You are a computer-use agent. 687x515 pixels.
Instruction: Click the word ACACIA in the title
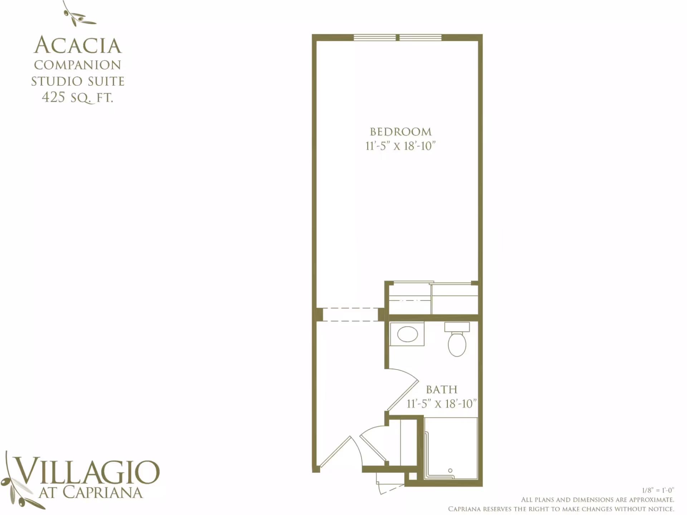pyautogui.click(x=78, y=45)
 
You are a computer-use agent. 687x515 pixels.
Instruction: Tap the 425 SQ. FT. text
pyautogui.click(x=78, y=97)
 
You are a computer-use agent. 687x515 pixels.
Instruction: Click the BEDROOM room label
pyautogui.click(x=401, y=132)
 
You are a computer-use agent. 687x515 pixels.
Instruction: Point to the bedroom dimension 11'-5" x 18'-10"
pyautogui.click(x=400, y=146)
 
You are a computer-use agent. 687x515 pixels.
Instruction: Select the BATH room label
pyautogui.click(x=442, y=389)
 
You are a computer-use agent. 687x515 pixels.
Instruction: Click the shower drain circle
pyautogui.click(x=450, y=471)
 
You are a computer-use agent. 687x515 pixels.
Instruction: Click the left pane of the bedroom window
pyautogui.click(x=375, y=38)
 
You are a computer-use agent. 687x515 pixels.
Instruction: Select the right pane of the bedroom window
pyautogui.click(x=420, y=38)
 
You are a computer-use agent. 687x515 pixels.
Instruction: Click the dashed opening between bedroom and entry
pyautogui.click(x=351, y=315)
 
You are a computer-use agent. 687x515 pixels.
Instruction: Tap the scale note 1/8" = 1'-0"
pyautogui.click(x=658, y=490)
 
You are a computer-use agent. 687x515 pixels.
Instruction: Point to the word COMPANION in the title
pyautogui.click(x=78, y=65)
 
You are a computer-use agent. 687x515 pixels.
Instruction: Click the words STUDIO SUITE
pyautogui.click(x=78, y=81)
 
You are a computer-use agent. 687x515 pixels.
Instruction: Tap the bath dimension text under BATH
pyautogui.click(x=442, y=404)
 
